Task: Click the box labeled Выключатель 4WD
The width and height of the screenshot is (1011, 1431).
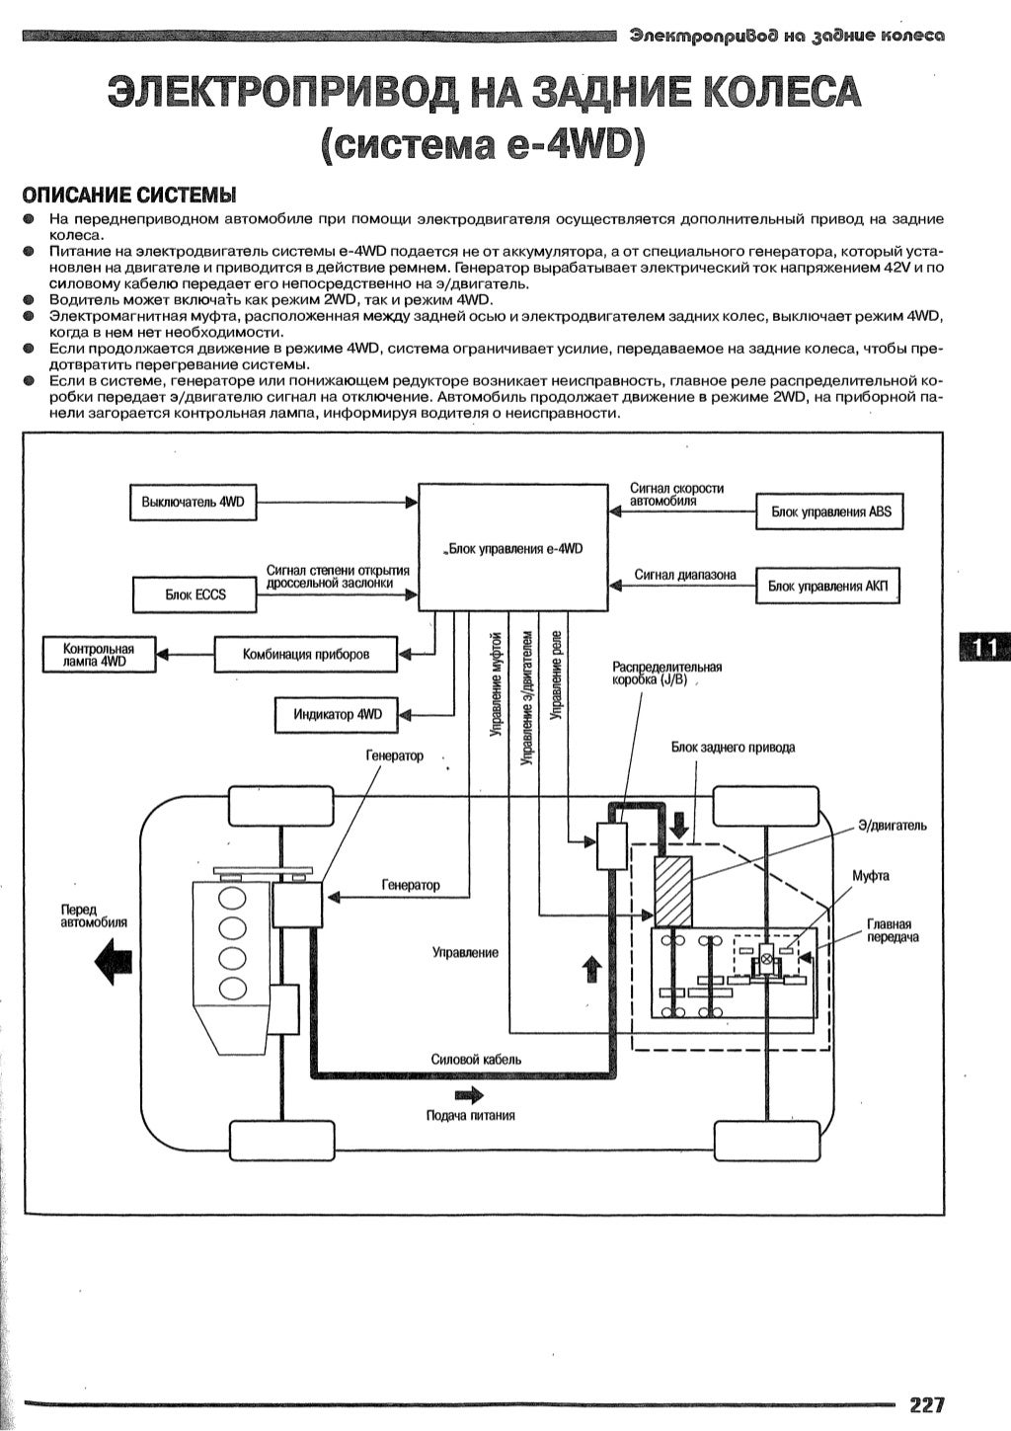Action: (x=193, y=503)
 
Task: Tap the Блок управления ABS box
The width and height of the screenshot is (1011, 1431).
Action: (x=829, y=512)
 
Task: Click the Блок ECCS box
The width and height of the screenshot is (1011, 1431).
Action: (x=194, y=595)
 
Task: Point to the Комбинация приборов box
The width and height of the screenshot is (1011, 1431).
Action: (x=306, y=654)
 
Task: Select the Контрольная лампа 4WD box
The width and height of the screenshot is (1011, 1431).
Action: (x=99, y=655)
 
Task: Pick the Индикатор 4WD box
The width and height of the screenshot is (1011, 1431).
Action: (x=336, y=714)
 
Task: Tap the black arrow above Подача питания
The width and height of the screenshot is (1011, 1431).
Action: (x=469, y=1094)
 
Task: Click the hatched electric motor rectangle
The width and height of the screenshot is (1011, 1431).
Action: (x=672, y=893)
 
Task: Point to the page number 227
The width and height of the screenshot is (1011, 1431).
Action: (x=927, y=1405)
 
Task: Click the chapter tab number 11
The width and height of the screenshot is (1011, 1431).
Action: (x=983, y=647)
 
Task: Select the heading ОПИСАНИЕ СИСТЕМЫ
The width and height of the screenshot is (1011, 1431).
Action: (x=129, y=193)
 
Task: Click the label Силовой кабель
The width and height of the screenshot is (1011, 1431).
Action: (x=476, y=1059)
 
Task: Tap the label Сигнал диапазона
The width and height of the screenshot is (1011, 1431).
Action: (x=684, y=574)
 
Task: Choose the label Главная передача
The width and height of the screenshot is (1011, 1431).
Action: (x=892, y=929)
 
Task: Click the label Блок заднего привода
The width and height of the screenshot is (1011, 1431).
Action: (x=732, y=747)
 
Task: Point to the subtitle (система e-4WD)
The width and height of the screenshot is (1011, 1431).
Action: (x=482, y=144)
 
